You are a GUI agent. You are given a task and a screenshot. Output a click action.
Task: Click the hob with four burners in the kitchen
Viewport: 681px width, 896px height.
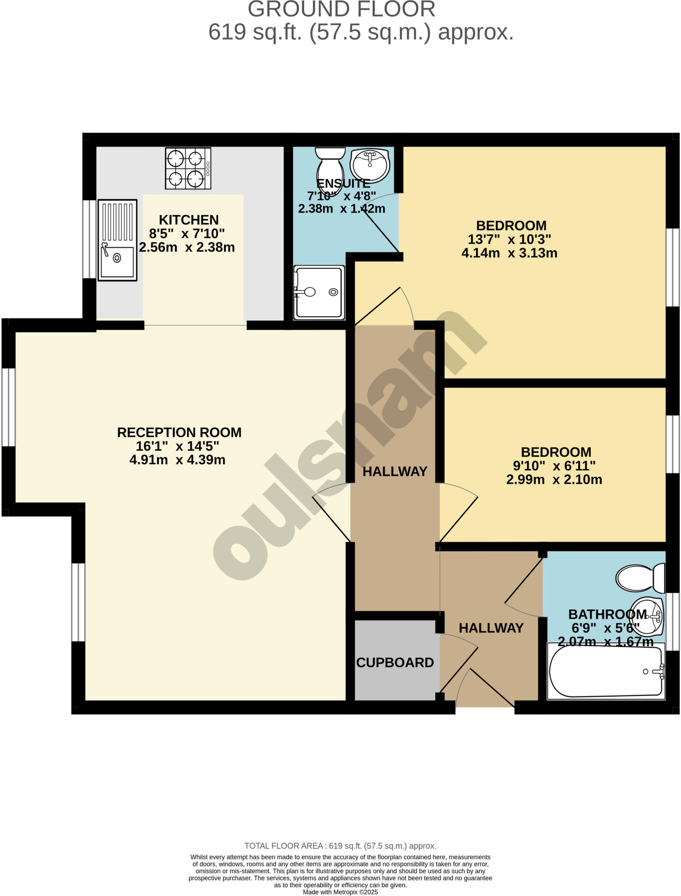click(188, 168)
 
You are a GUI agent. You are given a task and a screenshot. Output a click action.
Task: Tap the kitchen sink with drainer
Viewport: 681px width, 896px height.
click(117, 240)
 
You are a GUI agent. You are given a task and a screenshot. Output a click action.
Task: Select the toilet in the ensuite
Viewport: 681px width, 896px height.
click(331, 168)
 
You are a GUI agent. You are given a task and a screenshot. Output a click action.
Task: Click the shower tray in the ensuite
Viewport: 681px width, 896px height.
click(319, 292)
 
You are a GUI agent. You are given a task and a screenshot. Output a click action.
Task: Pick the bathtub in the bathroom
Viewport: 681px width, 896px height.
click(606, 672)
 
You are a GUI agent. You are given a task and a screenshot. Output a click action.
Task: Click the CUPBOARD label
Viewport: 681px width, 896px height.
click(395, 663)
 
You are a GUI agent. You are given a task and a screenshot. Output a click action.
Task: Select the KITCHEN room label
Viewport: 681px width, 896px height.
click(189, 220)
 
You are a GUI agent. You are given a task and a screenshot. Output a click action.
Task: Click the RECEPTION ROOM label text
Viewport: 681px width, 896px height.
click(179, 432)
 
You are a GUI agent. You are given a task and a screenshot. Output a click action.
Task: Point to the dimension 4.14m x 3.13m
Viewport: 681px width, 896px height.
click(509, 253)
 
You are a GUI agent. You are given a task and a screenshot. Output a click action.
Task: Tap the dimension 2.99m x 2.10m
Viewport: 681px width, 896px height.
click(554, 479)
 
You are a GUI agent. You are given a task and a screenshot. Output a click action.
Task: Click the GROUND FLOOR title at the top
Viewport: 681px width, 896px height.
click(341, 9)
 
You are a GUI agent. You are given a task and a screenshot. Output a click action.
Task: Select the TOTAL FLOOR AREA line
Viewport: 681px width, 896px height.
click(340, 846)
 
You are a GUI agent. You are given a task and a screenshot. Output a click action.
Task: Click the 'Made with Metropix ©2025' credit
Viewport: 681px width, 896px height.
click(340, 892)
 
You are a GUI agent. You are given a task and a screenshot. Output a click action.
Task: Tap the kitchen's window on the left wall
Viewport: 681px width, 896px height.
click(89, 239)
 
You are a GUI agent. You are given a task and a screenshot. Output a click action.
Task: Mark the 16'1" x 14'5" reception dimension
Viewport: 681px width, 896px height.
click(177, 446)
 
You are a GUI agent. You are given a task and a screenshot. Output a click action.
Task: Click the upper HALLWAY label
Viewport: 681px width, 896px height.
click(395, 471)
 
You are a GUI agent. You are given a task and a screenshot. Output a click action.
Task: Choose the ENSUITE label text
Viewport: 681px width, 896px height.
click(343, 183)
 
